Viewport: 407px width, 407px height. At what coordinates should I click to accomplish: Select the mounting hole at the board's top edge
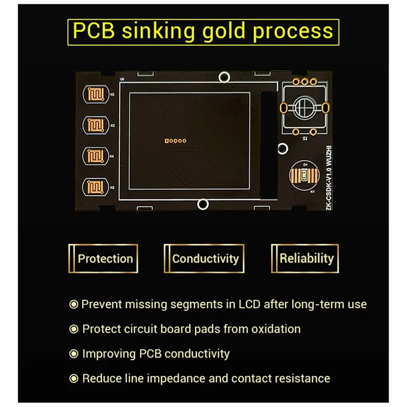point(223,77)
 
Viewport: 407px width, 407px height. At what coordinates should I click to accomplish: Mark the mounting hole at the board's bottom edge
point(202,205)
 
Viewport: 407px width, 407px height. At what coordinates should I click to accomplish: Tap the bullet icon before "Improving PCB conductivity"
point(74,354)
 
